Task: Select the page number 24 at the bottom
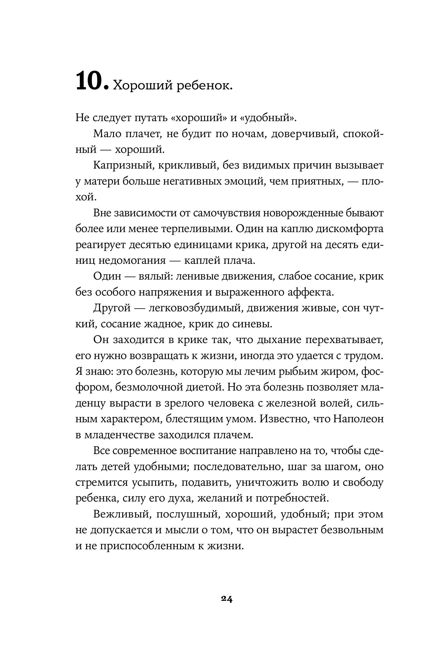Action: (x=226, y=599)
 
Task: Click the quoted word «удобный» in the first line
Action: (x=268, y=118)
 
